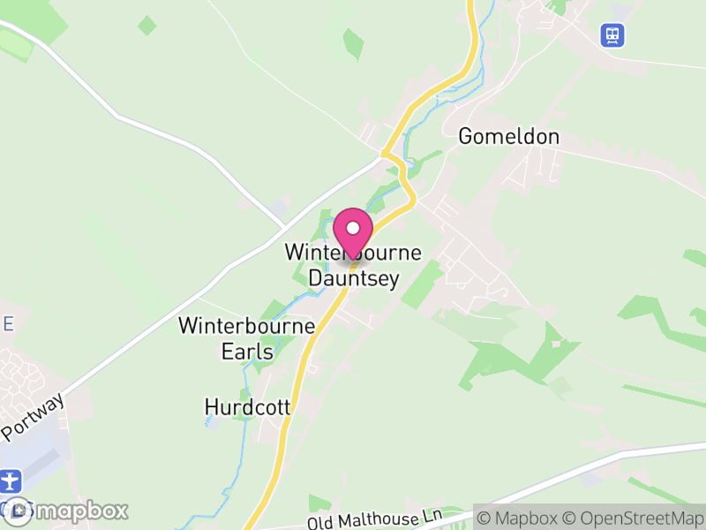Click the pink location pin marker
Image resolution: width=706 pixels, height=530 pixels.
(x=353, y=231)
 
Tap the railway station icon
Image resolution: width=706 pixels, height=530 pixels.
(x=612, y=34)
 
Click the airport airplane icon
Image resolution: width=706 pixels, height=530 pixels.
(x=10, y=481)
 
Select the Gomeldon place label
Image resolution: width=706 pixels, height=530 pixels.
(x=509, y=137)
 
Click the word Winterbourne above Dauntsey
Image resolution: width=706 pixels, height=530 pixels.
(x=353, y=253)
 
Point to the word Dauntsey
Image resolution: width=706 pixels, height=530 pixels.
(x=353, y=278)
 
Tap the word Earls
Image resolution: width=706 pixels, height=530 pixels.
(x=247, y=351)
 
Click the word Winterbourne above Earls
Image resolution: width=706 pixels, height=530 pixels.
(x=247, y=326)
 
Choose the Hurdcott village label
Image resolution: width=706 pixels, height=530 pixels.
(x=247, y=407)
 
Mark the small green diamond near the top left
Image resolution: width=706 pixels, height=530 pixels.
(x=147, y=26)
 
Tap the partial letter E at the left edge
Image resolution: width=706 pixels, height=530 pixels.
(x=8, y=324)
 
